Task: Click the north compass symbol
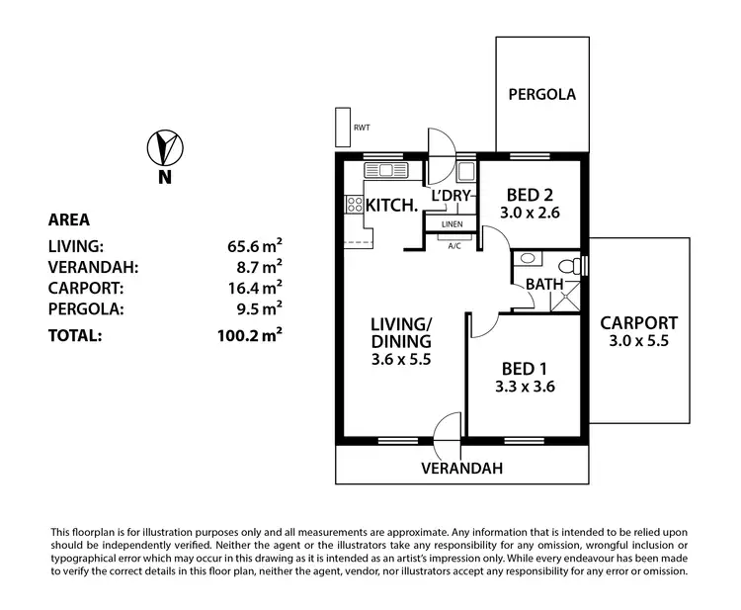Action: point(164,148)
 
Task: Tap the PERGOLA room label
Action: point(541,95)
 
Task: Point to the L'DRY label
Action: point(451,195)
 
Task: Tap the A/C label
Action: point(455,244)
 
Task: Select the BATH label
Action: point(544,284)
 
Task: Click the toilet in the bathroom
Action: point(568,265)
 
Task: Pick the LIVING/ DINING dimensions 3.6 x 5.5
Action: point(401,360)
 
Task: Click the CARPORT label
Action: point(639,322)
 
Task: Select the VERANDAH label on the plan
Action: point(463,468)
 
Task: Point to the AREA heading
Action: point(69,219)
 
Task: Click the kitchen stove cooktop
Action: point(353,206)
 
